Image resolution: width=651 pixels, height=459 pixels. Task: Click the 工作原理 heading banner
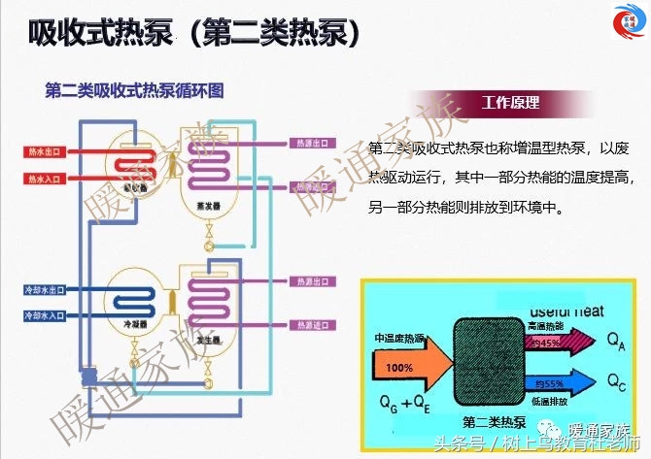pyautogui.click(x=511, y=103)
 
